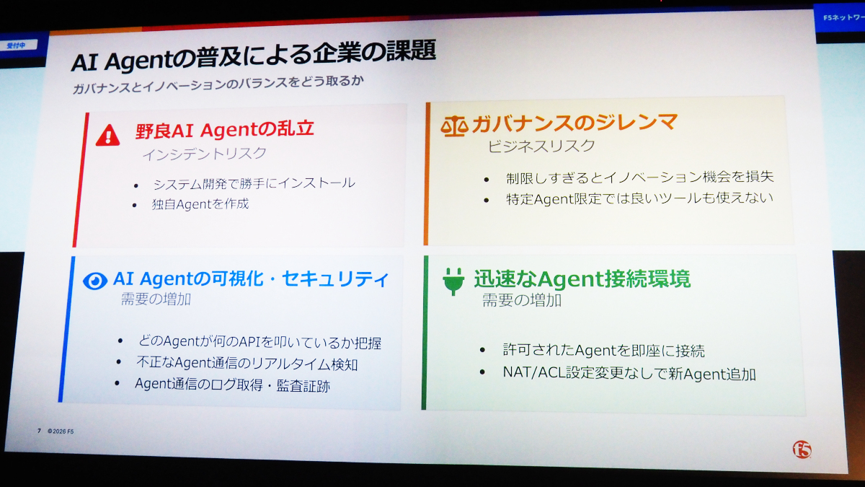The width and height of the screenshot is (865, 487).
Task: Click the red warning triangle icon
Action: pyautogui.click(x=107, y=136)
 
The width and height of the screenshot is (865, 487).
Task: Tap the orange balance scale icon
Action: pyautogui.click(x=455, y=126)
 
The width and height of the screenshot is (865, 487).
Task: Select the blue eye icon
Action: pyautogui.click(x=95, y=281)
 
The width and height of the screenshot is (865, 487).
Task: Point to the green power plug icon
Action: pyautogui.click(x=453, y=281)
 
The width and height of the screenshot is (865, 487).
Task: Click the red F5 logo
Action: pyautogui.click(x=802, y=449)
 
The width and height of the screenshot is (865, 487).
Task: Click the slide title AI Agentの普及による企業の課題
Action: pyautogui.click(x=254, y=56)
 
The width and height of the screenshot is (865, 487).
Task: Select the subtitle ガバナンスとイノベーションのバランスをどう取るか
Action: pyautogui.click(x=218, y=84)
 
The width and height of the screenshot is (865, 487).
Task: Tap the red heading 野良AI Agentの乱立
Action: pyautogui.click(x=225, y=129)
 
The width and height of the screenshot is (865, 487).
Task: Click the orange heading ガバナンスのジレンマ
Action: pyautogui.click(x=575, y=123)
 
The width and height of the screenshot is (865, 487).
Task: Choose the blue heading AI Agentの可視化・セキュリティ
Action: pyautogui.click(x=251, y=278)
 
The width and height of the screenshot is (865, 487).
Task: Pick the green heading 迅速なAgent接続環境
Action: pyautogui.click(x=582, y=278)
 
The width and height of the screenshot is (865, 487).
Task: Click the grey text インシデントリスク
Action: pyautogui.click(x=204, y=154)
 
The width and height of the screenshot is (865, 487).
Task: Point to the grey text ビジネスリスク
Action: pyautogui.click(x=541, y=146)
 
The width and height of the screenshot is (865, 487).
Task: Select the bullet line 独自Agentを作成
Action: pyautogui.click(x=200, y=203)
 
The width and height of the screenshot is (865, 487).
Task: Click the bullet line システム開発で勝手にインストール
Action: pyautogui.click(x=254, y=183)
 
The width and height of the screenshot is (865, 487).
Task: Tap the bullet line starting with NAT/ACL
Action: pyautogui.click(x=629, y=374)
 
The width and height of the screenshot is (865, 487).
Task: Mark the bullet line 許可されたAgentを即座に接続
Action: pyautogui.click(x=603, y=350)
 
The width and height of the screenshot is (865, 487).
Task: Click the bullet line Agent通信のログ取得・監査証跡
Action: pyautogui.click(x=232, y=385)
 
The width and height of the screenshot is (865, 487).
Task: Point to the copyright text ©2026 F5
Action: pyautogui.click(x=61, y=431)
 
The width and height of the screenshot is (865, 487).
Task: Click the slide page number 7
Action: pyautogui.click(x=39, y=431)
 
